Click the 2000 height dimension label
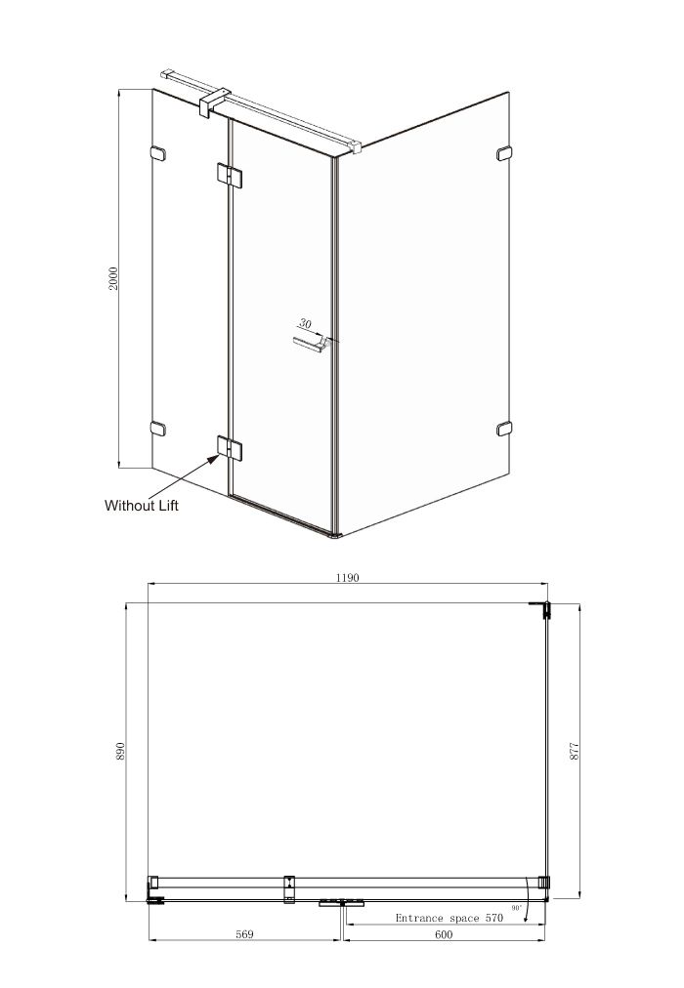113,278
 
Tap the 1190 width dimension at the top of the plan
347,577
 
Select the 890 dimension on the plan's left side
121,751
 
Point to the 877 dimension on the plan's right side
575,751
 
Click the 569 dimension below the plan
244,933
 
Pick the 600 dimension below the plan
444,933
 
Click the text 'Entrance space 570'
449,918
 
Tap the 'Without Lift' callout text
142,506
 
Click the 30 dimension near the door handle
305,324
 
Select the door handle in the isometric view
311,344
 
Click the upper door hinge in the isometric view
230,175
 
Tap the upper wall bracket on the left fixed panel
157,153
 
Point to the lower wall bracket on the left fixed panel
157,429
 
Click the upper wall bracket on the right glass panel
504,153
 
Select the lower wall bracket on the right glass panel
504,429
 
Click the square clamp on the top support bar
214,103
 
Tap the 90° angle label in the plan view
517,908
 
